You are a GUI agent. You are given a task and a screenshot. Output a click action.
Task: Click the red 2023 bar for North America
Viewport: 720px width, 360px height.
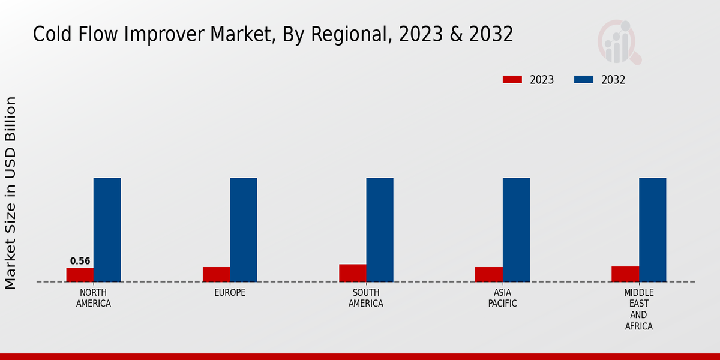tap(80, 275)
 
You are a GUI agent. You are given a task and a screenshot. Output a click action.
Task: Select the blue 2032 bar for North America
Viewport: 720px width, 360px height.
tap(107, 230)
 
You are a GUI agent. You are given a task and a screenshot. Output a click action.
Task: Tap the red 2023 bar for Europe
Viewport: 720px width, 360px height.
tap(216, 274)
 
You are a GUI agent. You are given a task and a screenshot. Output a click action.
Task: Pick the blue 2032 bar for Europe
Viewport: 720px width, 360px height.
tap(243, 230)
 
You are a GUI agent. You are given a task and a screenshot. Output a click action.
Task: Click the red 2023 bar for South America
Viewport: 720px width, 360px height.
tap(352, 273)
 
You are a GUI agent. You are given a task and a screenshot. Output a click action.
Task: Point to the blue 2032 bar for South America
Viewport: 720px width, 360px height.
tap(379, 230)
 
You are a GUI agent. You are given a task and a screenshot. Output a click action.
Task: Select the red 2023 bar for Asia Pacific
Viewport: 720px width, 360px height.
tap(488, 274)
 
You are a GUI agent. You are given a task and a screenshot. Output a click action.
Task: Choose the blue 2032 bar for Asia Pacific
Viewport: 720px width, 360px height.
tap(516, 230)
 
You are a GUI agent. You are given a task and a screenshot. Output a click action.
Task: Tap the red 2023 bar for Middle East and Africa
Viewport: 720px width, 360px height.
tap(625, 274)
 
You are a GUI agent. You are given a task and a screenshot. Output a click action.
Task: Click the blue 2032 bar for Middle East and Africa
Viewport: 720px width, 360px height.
tap(652, 230)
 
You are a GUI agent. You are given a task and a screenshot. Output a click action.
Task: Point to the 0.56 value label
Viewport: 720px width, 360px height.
tap(80, 261)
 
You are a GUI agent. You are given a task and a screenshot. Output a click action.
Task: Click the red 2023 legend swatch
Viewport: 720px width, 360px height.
tap(512, 80)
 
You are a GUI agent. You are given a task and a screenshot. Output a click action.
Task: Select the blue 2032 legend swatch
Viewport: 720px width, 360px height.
tap(584, 80)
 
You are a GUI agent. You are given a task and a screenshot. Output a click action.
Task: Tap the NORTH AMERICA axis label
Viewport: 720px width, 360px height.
tap(93, 298)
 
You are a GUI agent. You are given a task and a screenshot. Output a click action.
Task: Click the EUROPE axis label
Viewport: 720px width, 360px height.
tap(230, 293)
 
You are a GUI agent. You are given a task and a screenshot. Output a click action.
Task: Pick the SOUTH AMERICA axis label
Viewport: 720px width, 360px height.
tap(366, 298)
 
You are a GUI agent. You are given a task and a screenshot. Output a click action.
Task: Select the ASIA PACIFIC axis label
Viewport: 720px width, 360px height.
tap(502, 298)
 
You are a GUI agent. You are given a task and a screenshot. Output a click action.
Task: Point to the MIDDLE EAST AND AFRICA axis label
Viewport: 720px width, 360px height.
tap(638, 310)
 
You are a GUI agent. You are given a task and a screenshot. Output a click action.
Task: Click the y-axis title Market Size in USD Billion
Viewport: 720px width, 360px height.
tap(11, 193)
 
